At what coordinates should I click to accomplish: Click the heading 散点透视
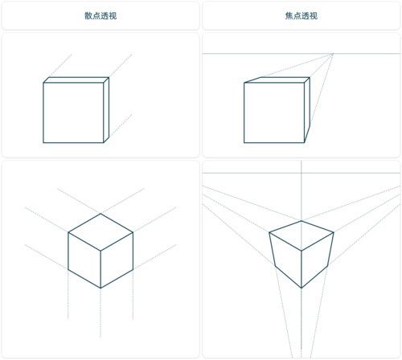point(100,15)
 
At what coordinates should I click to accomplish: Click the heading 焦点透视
point(301,15)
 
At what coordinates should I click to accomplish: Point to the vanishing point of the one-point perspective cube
point(333,54)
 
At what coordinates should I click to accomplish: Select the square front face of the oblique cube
point(74,112)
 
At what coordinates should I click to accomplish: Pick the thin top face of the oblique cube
point(76,80)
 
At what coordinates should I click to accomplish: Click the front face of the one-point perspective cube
point(273,113)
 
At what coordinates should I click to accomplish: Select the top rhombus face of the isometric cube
point(100,232)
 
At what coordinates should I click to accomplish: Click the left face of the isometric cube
point(84,261)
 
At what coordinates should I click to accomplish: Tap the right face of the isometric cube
point(116,261)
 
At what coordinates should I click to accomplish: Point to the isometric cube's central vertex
point(100,251)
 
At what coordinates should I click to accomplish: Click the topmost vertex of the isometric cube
point(100,214)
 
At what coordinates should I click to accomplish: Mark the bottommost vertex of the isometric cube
point(100,289)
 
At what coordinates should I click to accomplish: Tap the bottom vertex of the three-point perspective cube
point(302,288)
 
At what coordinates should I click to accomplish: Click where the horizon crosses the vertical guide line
point(301,173)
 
